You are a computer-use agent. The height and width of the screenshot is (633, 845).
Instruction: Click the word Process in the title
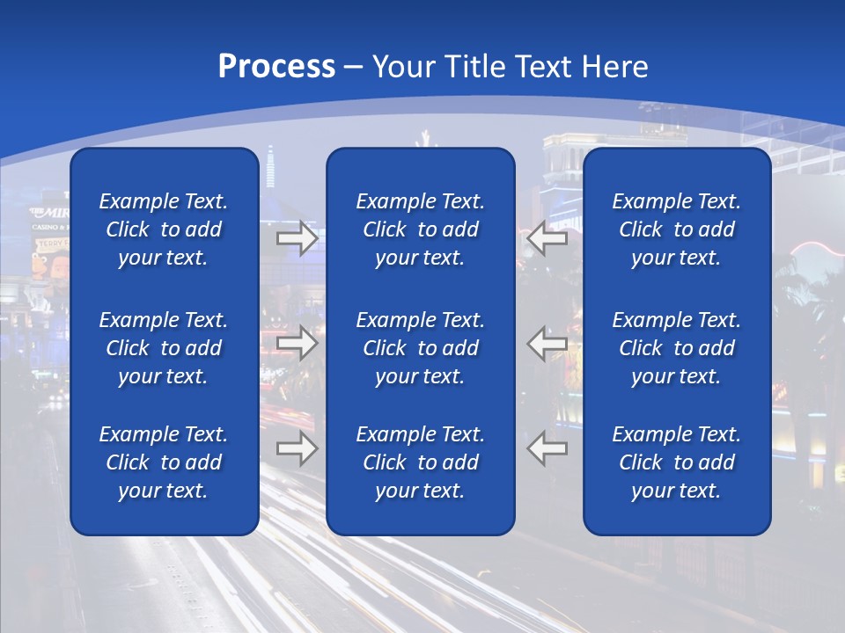[x=276, y=67]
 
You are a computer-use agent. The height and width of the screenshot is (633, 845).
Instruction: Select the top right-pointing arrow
[x=297, y=238]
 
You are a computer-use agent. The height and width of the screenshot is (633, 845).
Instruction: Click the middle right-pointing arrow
[x=297, y=342]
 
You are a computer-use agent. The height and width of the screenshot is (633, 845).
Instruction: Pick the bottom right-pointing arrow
[x=297, y=448]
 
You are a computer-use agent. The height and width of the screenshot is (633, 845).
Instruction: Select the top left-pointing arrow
[x=547, y=238]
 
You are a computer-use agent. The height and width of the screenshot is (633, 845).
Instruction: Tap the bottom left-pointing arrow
[x=547, y=448]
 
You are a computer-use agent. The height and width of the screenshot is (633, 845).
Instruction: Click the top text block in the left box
[x=164, y=229]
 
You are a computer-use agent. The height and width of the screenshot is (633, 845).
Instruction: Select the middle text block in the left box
[x=164, y=348]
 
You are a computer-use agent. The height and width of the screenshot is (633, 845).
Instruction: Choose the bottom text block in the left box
[x=164, y=462]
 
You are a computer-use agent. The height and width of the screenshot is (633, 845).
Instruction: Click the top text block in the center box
[x=420, y=229]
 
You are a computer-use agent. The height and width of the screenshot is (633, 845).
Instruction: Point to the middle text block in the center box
[x=420, y=348]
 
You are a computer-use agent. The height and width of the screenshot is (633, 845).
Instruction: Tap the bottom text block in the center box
[x=420, y=462]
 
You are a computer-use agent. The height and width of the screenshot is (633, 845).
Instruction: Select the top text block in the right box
[x=676, y=229]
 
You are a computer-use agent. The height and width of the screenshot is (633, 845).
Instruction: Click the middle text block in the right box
[x=676, y=348]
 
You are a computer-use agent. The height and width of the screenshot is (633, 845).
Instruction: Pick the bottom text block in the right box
[x=676, y=462]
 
